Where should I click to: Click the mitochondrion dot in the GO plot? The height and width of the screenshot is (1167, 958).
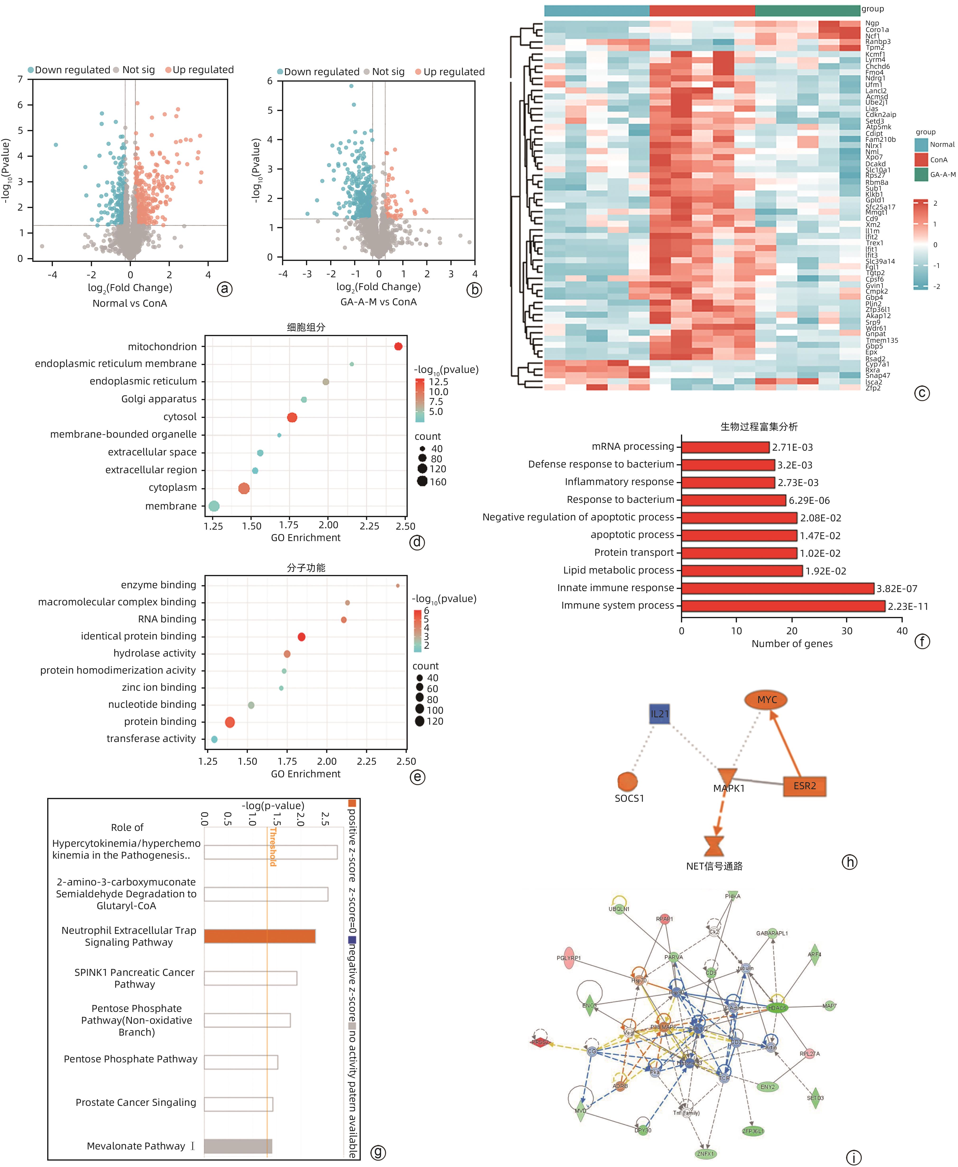click(398, 347)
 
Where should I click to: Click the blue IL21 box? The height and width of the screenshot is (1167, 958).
click(659, 714)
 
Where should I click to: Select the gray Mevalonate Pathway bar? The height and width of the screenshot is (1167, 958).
click(238, 1146)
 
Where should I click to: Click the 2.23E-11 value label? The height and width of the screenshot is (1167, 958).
click(908, 607)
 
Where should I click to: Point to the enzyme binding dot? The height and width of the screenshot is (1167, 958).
click(397, 585)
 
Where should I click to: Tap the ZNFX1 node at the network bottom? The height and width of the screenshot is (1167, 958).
click(705, 1154)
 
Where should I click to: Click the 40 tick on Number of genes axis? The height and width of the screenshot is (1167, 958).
click(902, 631)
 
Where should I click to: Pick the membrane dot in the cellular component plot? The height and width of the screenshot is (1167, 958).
click(214, 506)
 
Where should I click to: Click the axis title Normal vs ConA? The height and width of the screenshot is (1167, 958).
click(130, 303)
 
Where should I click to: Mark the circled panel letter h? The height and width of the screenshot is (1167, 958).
click(849, 862)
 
